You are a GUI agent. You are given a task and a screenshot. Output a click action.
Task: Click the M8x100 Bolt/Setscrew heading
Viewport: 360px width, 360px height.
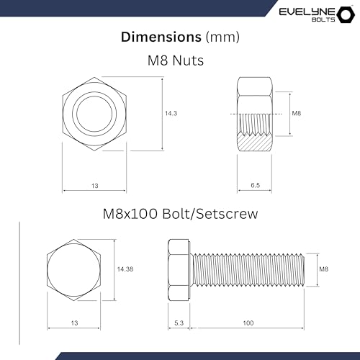coord(179,215)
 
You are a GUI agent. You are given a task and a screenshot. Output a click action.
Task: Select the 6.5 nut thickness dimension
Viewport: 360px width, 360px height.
coord(255,186)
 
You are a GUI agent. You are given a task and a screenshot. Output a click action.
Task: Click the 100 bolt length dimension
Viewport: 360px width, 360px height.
coord(248,323)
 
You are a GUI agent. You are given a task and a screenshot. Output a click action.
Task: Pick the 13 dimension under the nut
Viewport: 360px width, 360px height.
coord(94,186)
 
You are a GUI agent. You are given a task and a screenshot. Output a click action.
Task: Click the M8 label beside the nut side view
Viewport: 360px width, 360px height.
coord(297,114)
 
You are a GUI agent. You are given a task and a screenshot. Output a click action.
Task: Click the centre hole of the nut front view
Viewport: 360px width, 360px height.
coord(94,113)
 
